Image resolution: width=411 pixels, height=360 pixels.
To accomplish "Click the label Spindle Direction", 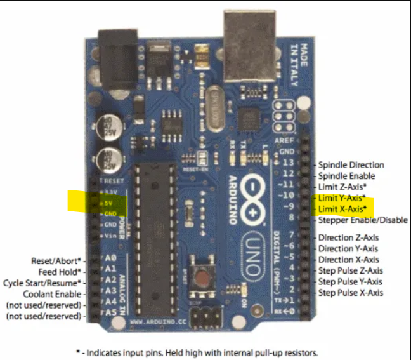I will [351, 165].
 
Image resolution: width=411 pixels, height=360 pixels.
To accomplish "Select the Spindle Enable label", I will [346, 176].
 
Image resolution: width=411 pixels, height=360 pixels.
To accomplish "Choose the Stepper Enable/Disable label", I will [363, 220].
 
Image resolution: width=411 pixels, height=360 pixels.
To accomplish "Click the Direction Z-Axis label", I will [348, 237].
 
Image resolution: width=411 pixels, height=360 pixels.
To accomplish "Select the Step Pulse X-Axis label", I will [351, 293].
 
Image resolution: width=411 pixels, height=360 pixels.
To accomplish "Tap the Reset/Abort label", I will [56, 260].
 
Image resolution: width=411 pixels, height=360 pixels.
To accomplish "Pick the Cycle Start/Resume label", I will [42, 283].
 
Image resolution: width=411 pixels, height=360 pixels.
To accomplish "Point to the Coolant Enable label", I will [52, 294].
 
